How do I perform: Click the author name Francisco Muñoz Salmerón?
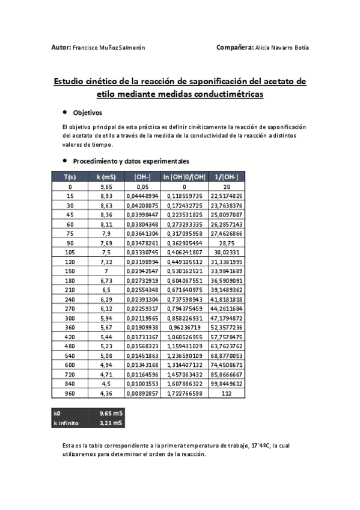[x=109, y=48]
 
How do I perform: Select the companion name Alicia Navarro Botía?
[x=282, y=48]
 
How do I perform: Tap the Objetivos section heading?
[x=88, y=112]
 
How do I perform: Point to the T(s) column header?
[x=70, y=177]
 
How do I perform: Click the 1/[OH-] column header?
[x=226, y=177]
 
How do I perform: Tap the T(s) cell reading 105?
[x=70, y=252]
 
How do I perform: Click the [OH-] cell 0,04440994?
[x=142, y=196]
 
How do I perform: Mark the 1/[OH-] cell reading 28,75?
[x=226, y=242]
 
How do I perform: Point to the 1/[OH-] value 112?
[x=226, y=393]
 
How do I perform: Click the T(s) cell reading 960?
[x=70, y=393]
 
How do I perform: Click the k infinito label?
[x=66, y=423]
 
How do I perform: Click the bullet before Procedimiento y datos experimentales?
[x=64, y=161]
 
